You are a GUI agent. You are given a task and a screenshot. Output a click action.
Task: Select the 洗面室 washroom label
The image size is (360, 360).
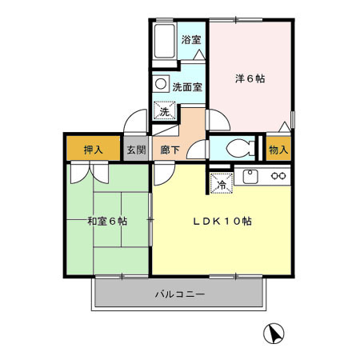click(x=188, y=86)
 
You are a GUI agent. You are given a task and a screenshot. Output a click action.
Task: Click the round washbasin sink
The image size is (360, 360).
click(x=161, y=84)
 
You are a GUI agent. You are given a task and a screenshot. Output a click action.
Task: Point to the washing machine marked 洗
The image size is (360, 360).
click(x=165, y=111)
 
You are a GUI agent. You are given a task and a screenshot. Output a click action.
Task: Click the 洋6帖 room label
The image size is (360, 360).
click(x=250, y=78)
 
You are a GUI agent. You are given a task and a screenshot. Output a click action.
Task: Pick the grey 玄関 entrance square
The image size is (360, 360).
click(x=135, y=150)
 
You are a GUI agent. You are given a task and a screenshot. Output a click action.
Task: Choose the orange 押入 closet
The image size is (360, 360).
click(x=93, y=150)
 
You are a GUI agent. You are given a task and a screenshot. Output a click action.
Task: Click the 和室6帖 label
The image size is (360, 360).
click(x=106, y=222)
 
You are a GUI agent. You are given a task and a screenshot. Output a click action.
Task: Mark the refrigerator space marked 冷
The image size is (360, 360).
click(x=221, y=183)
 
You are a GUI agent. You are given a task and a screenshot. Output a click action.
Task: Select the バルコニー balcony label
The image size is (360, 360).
click(x=179, y=295)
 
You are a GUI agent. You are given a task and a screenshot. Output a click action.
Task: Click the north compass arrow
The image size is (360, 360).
click(x=274, y=332)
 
